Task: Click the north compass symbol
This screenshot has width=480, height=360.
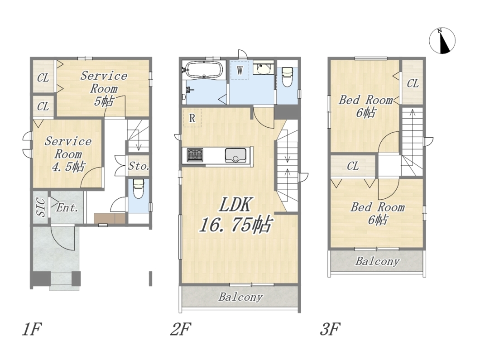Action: (x=442, y=40)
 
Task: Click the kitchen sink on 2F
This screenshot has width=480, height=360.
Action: (x=236, y=155)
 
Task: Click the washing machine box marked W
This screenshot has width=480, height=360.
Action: (x=240, y=70)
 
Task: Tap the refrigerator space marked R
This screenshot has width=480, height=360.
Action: (x=192, y=118)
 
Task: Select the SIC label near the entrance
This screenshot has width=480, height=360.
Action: (x=41, y=207)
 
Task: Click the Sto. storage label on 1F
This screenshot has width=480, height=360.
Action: (x=139, y=166)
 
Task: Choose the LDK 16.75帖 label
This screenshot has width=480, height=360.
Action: (x=235, y=214)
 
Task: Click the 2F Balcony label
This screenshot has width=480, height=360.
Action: (x=240, y=297)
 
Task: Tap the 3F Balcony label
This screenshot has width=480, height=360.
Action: (x=378, y=261)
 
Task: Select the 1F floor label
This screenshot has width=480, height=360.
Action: (x=32, y=329)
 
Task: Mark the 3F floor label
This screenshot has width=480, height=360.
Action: (x=330, y=329)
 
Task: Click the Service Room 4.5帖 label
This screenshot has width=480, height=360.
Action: (x=68, y=154)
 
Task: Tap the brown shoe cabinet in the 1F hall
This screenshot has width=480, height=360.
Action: (x=110, y=218)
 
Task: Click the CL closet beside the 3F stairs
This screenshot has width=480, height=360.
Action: (x=413, y=83)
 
